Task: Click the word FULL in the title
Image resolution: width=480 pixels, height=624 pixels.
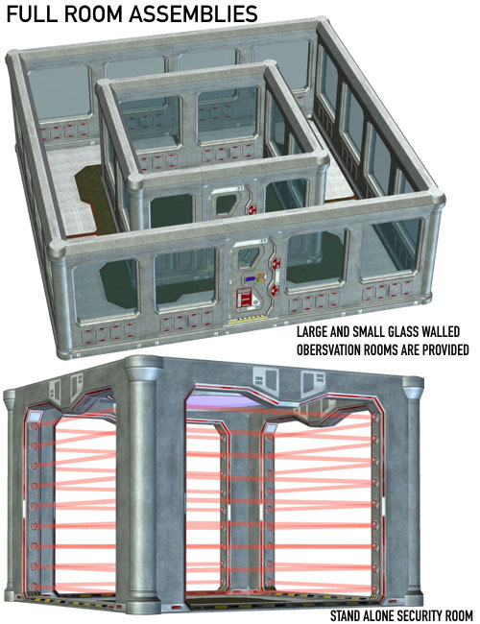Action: (31, 14)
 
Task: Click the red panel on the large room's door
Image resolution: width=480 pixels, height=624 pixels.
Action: (244, 299)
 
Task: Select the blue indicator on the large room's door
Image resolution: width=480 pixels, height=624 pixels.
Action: (251, 279)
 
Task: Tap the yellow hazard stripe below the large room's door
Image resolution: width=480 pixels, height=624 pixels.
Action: (248, 319)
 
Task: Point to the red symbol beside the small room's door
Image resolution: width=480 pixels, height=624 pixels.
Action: (252, 209)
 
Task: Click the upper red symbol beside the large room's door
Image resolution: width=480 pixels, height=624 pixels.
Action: (276, 263)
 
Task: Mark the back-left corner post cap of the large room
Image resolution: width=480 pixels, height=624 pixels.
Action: (14, 58)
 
